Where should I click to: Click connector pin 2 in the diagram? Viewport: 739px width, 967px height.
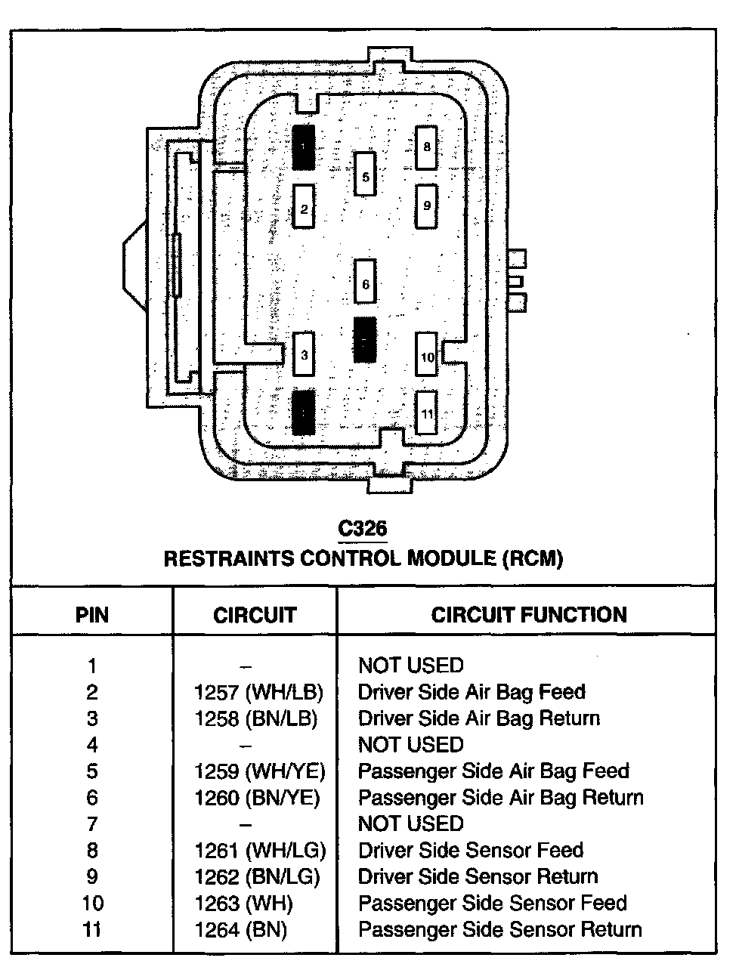[304, 206]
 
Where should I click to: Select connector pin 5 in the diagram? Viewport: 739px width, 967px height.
[366, 175]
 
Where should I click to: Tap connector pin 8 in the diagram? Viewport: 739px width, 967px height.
[426, 147]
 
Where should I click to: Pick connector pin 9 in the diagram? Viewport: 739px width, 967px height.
[426, 205]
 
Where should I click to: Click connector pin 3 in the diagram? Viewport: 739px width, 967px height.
[304, 354]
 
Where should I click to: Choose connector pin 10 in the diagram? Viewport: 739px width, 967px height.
[427, 355]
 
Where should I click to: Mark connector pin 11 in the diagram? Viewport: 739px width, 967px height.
[427, 412]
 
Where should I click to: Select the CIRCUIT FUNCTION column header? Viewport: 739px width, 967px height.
[529, 614]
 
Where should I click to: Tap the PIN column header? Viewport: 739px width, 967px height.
[92, 615]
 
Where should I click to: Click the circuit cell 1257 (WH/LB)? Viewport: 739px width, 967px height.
[258, 692]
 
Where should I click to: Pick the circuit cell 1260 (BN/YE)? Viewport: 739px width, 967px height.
[257, 798]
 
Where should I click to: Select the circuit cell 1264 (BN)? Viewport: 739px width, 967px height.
[240, 930]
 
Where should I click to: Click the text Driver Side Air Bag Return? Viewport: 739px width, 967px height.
[478, 718]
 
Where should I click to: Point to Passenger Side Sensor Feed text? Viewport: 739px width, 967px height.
[492, 904]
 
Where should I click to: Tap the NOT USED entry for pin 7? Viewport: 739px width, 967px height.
[410, 824]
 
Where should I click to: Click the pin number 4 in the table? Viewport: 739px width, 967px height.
[92, 745]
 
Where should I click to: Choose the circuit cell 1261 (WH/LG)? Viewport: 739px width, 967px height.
[259, 851]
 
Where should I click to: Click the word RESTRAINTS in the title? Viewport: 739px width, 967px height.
[229, 559]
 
